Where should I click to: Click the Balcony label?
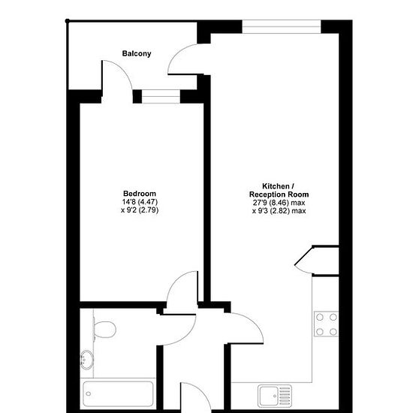pos(137,53)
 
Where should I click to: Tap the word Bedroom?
pos(140,194)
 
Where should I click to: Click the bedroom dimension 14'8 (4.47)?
pos(140,202)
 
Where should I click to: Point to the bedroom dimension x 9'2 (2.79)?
pos(140,210)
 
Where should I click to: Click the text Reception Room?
pos(279,194)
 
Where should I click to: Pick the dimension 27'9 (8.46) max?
pos(279,203)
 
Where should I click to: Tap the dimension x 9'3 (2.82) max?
pos(279,211)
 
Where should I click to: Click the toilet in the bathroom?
pos(104,329)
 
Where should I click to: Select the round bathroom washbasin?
pos(86,360)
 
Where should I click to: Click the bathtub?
pos(118,393)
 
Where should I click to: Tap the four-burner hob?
pos(326,324)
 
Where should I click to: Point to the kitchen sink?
pos(275,396)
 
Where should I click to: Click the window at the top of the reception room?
pos(282,26)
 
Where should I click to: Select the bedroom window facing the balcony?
pos(161,96)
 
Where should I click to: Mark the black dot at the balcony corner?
pos(67,21)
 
